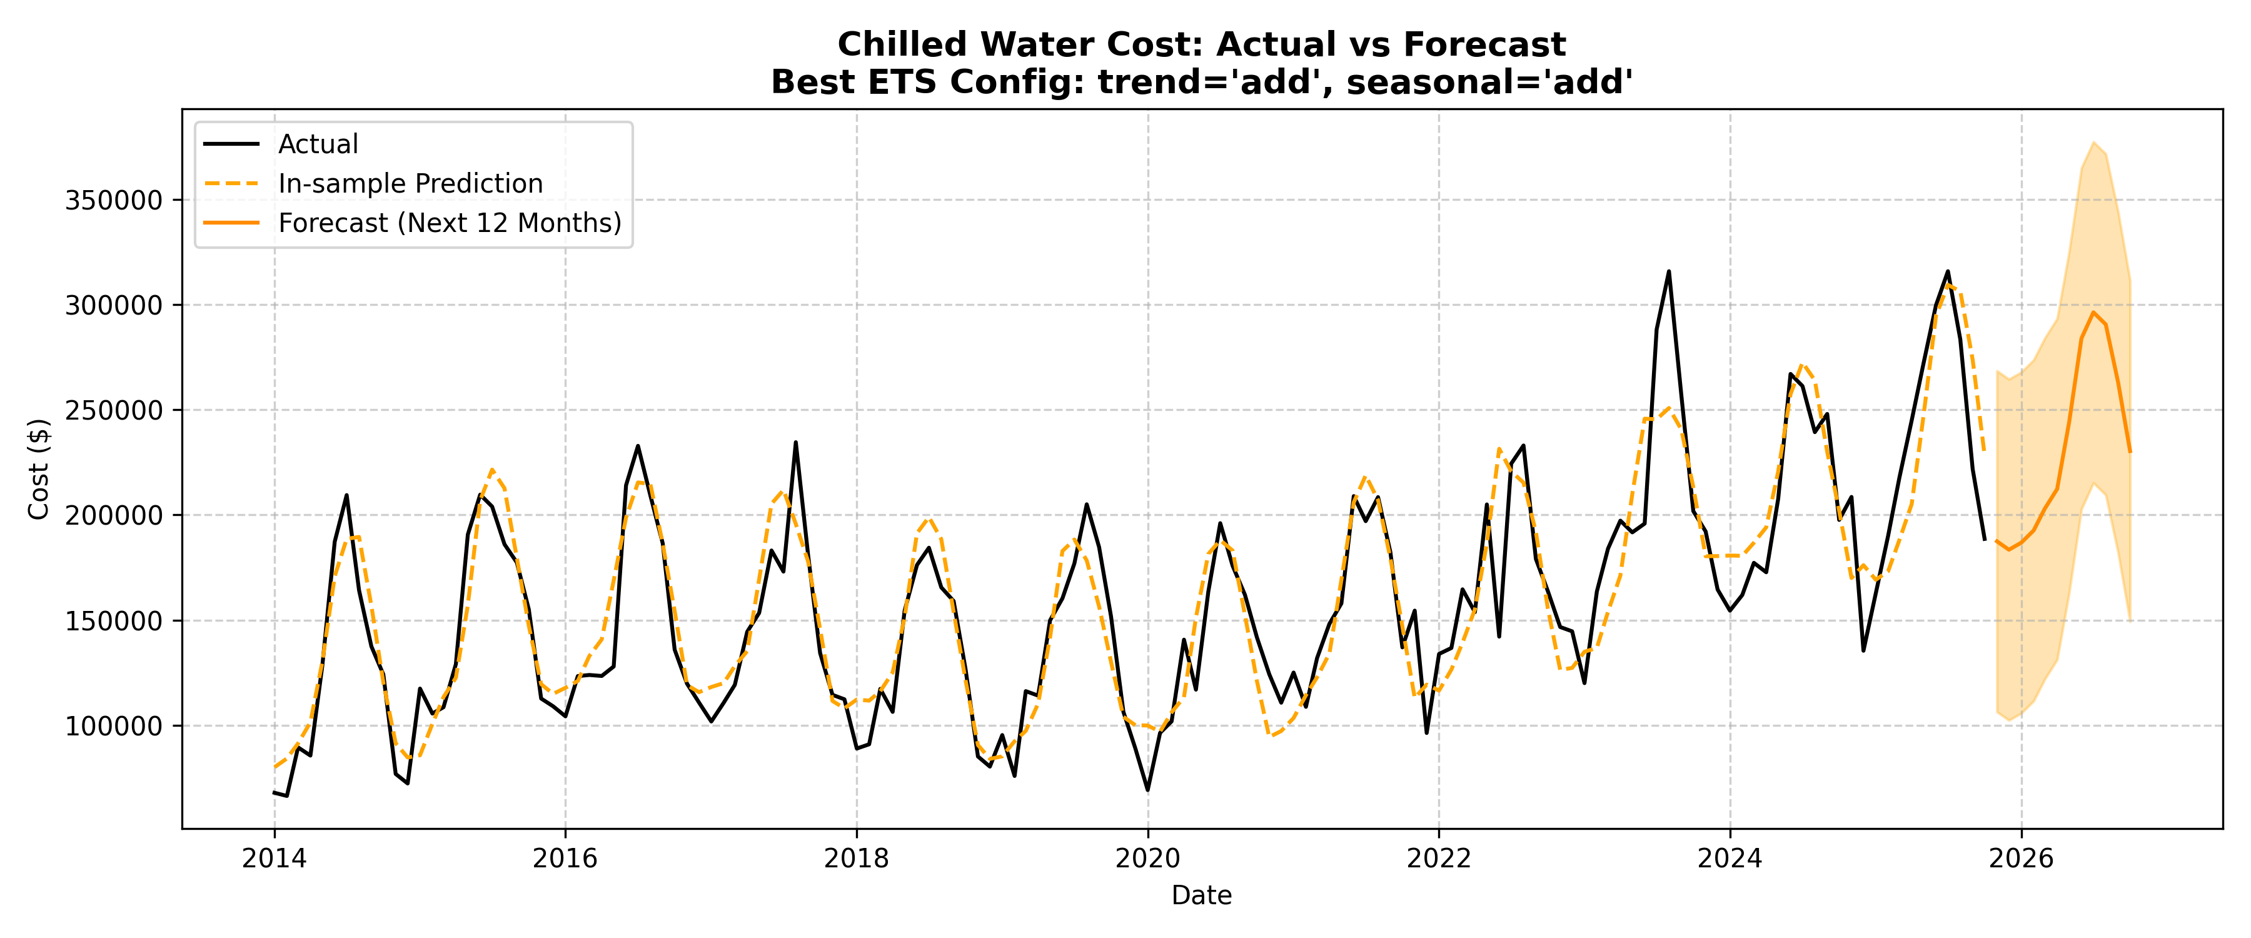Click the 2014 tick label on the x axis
pos(274,859)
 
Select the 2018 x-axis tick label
pos(857,859)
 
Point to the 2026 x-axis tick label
pos(2020,859)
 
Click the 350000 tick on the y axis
pos(114,200)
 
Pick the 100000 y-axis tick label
pos(114,727)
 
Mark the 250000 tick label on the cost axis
pos(114,411)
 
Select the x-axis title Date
pos(1202,895)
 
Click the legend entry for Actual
pos(318,144)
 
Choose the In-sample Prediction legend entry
pos(410,184)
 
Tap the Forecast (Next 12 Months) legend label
pos(449,223)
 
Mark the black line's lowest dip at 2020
pos(1147,789)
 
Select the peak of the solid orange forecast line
pos(2093,312)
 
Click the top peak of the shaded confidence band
pos(2093,143)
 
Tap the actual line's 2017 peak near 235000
pos(795,442)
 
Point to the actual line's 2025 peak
pos(1948,271)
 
